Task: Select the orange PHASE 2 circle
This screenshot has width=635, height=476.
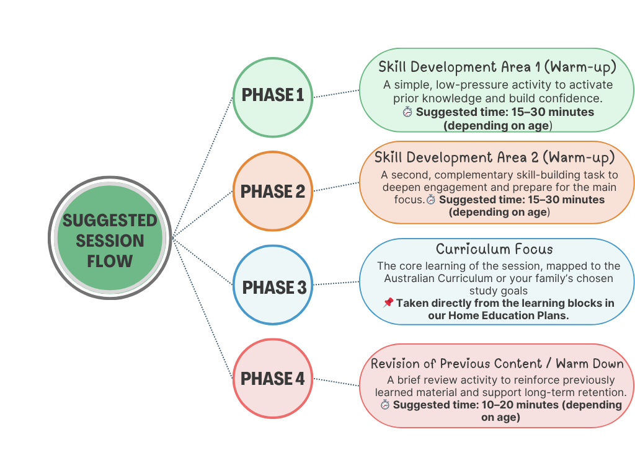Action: pyautogui.click(x=273, y=192)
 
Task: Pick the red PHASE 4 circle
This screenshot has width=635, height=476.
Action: pyautogui.click(x=273, y=379)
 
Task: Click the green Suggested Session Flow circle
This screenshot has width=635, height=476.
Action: pyautogui.click(x=110, y=239)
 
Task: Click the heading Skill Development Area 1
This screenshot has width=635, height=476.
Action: pyautogui.click(x=497, y=67)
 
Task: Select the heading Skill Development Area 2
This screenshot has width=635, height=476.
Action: pyautogui.click(x=494, y=157)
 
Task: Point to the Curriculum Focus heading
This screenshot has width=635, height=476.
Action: pyautogui.click(x=494, y=249)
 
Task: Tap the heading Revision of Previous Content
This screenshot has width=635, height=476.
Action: pyautogui.click(x=497, y=363)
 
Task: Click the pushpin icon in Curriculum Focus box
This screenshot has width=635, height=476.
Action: pyautogui.click(x=388, y=303)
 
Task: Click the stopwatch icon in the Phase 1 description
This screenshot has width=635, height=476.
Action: pyautogui.click(x=407, y=112)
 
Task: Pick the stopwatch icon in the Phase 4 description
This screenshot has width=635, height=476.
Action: pyautogui.click(x=385, y=405)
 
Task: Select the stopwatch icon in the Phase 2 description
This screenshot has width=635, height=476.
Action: pyautogui.click(x=431, y=200)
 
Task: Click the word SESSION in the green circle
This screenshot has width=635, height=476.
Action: pyautogui.click(x=110, y=240)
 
